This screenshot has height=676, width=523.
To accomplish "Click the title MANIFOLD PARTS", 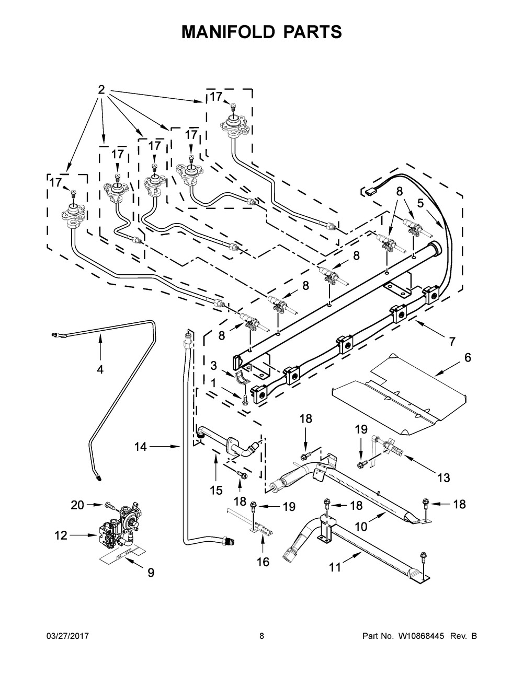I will (261, 31).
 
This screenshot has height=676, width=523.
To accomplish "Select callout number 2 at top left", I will (101, 90).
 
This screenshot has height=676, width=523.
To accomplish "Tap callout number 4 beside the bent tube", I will (100, 369).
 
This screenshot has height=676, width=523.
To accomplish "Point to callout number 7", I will (452, 342).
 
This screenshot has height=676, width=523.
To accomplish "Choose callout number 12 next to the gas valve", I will (62, 535).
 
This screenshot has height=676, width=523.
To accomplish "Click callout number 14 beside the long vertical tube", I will (140, 447).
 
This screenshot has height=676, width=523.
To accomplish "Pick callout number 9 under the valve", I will (151, 573).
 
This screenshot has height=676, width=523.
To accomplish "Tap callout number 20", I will (77, 505).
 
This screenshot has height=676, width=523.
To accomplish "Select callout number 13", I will (444, 477).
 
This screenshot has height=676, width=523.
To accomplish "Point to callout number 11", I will (334, 567).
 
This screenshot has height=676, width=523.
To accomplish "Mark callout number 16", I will (263, 562).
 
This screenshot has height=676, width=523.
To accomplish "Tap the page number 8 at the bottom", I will (261, 636).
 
